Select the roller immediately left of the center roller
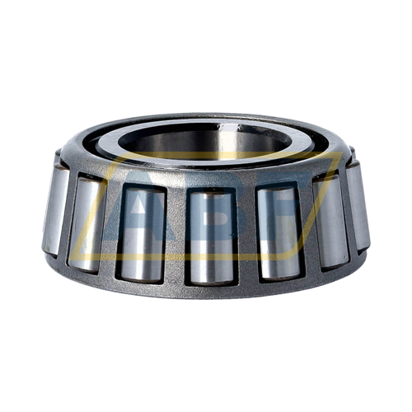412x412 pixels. (142, 232)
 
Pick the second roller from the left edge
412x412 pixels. (87, 221)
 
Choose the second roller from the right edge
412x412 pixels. (330, 220)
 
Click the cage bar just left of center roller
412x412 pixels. (176, 234)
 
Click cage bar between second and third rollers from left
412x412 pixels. (111, 227)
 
